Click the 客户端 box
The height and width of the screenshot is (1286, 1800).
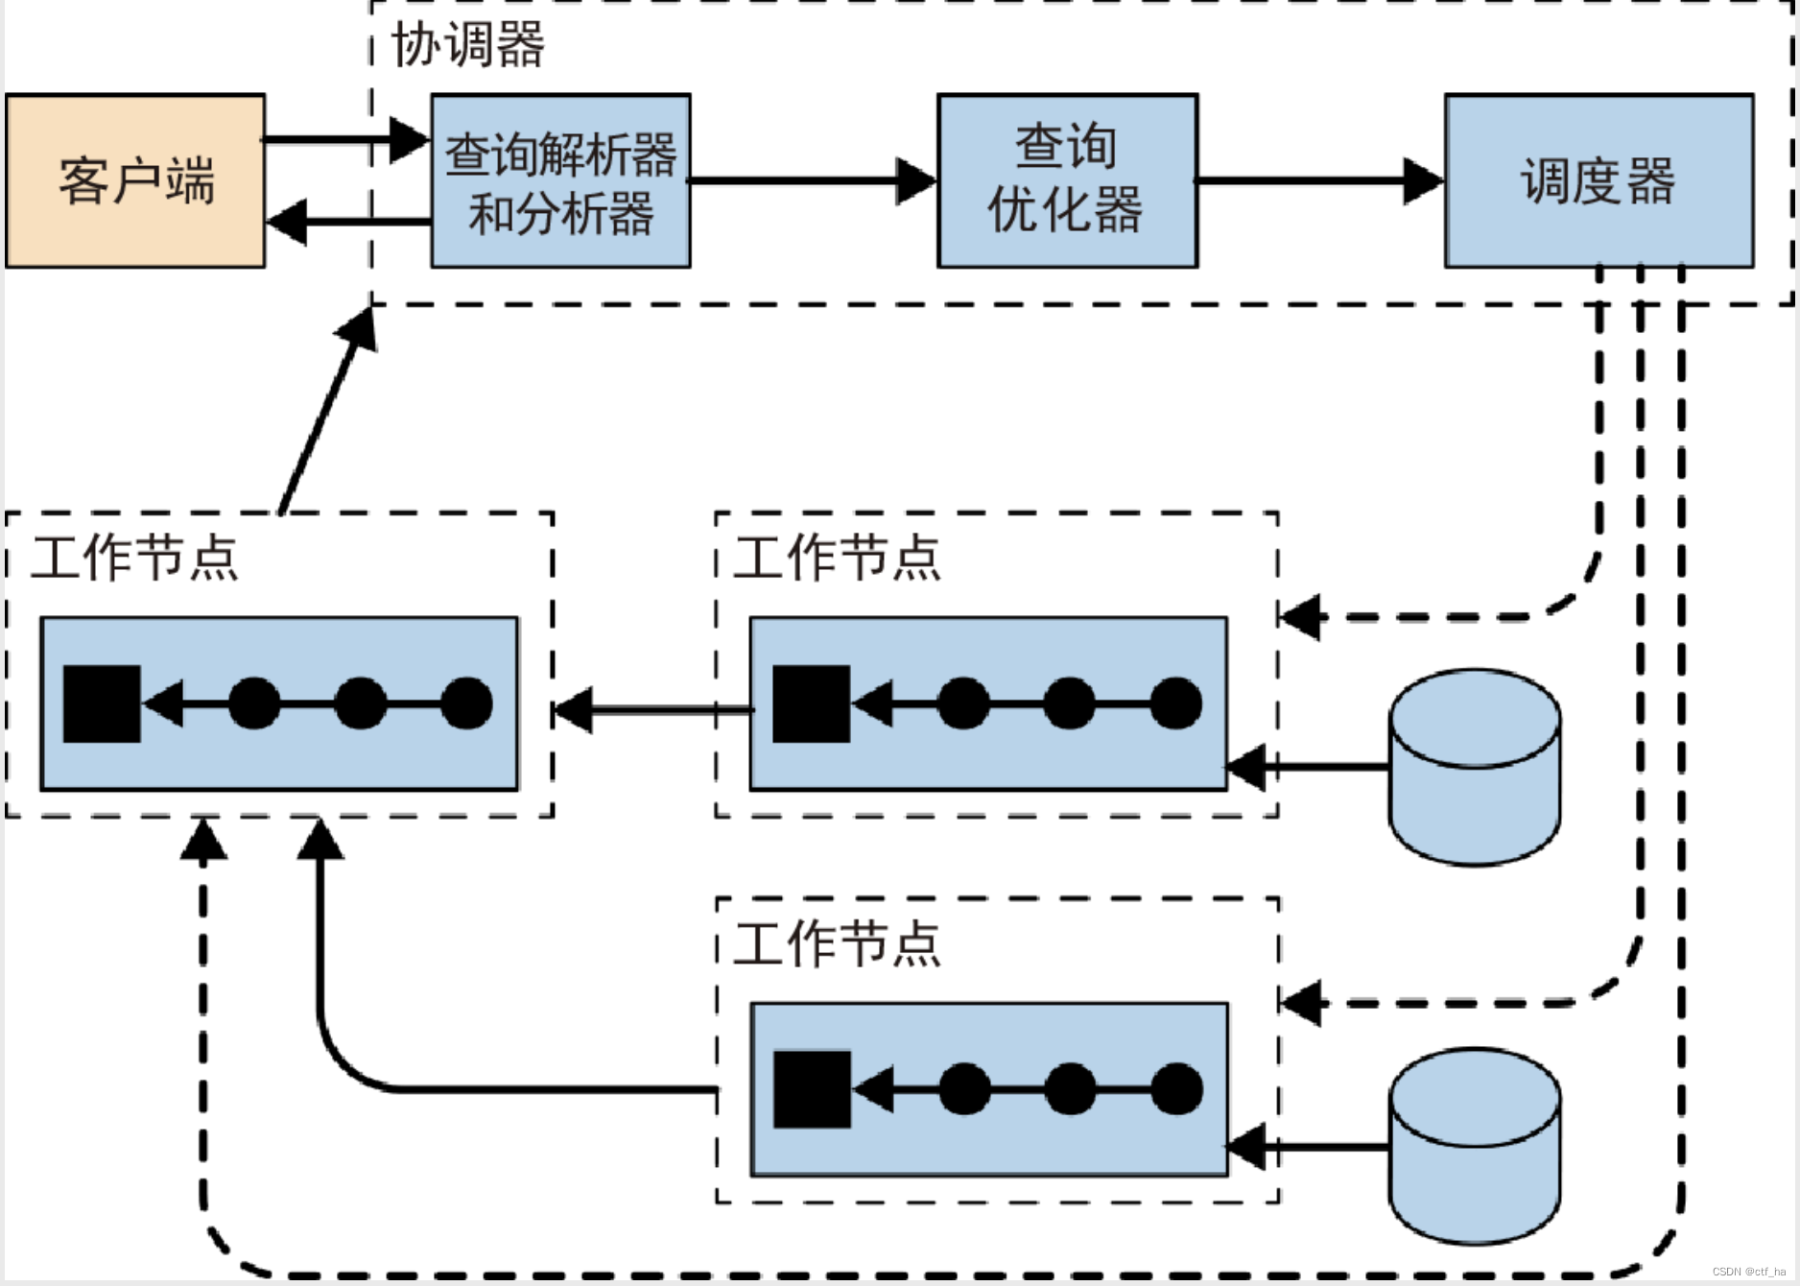click(135, 180)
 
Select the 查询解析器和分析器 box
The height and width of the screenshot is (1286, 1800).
click(560, 180)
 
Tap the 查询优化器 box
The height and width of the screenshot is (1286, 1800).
click(1067, 180)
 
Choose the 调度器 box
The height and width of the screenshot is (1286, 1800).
click(1599, 180)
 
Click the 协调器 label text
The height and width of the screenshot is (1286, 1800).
click(468, 44)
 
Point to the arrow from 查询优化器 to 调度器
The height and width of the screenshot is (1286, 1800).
click(1321, 180)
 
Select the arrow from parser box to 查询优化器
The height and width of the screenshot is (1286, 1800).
click(814, 180)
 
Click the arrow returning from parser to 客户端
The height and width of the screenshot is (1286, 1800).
click(348, 222)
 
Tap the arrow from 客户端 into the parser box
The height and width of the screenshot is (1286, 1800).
click(346, 140)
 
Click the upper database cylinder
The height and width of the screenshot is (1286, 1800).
click(1476, 767)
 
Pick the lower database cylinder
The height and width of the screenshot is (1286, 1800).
click(1476, 1146)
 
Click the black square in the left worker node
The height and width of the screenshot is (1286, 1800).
click(102, 703)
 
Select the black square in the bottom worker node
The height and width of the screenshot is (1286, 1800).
click(812, 1089)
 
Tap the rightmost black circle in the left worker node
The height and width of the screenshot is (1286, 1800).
click(467, 703)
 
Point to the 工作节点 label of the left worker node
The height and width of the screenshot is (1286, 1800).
click(134, 557)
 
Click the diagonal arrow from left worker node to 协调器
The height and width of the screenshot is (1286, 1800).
click(327, 411)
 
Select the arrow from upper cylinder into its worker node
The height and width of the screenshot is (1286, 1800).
click(1308, 767)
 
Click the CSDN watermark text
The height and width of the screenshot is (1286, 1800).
click(1749, 1272)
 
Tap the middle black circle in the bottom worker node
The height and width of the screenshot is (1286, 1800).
click(1071, 1089)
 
